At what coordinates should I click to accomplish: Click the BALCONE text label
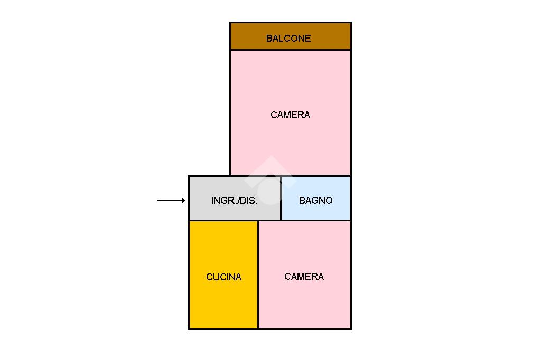pyautogui.click(x=288, y=39)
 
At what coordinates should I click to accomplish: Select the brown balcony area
pyautogui.click(x=291, y=36)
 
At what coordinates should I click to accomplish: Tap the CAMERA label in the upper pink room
pyautogui.click(x=290, y=115)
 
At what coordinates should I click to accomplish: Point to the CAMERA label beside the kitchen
pyautogui.click(x=304, y=276)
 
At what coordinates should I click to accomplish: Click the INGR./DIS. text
pyautogui.click(x=235, y=201)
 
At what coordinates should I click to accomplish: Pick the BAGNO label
pyautogui.click(x=316, y=201)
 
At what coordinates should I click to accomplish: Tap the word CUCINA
pyautogui.click(x=223, y=277)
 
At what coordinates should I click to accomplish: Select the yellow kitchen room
pyautogui.click(x=223, y=274)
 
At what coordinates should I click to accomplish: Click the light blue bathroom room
pyautogui.click(x=316, y=198)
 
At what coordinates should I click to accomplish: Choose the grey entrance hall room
pyautogui.click(x=235, y=198)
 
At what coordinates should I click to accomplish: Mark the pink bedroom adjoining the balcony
pyautogui.click(x=291, y=113)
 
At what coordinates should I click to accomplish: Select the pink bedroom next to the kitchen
pyautogui.click(x=305, y=274)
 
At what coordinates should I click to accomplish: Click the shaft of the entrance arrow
pyautogui.click(x=170, y=200)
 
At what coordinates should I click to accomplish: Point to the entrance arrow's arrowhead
pyautogui.click(x=183, y=200)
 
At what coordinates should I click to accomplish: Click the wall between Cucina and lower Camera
pyautogui.click(x=258, y=274)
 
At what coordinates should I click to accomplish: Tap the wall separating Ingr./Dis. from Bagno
pyautogui.click(x=281, y=198)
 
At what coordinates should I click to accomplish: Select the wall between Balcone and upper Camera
pyautogui.click(x=291, y=50)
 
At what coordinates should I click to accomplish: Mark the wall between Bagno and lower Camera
pyautogui.click(x=316, y=220)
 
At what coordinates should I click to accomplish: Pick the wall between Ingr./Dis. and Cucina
pyautogui.click(x=223, y=220)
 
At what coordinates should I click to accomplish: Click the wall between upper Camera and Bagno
pyautogui.click(x=316, y=176)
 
